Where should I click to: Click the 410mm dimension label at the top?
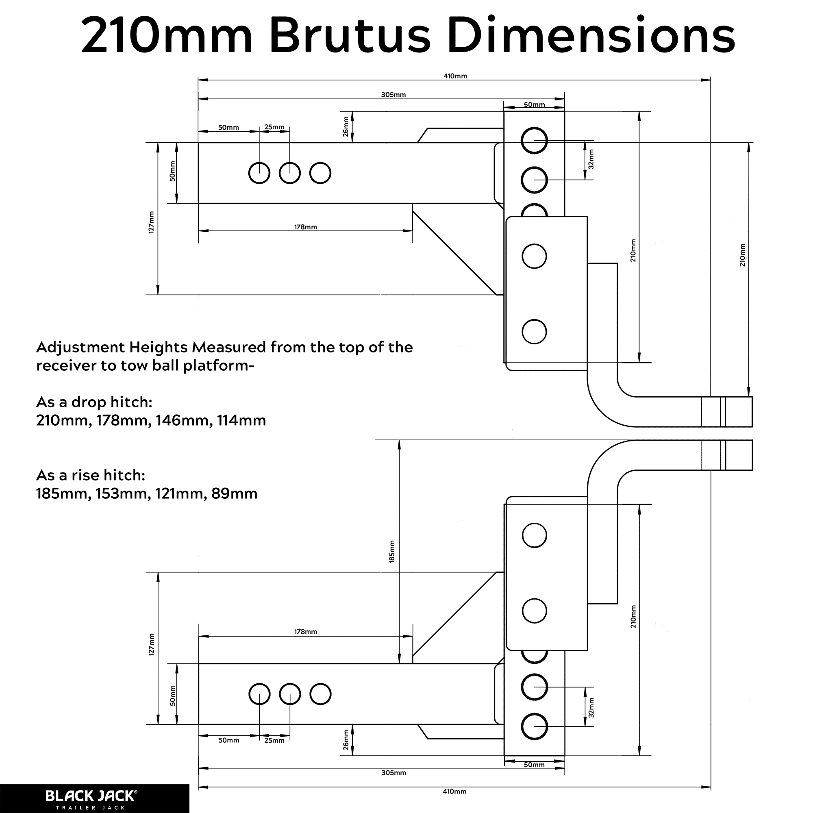(455, 76)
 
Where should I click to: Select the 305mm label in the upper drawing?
(393, 95)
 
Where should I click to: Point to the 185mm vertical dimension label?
(392, 552)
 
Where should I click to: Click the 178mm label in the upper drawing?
(306, 227)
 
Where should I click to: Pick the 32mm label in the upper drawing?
(591, 159)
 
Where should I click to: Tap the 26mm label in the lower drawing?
(346, 740)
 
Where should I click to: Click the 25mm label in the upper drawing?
(274, 127)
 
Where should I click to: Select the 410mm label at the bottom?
(454, 791)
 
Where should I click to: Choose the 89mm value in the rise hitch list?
(235, 493)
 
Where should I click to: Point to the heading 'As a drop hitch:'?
(94, 402)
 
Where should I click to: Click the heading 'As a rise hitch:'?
(91, 475)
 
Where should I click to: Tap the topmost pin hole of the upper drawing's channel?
(534, 141)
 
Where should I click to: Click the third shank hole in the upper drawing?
(320, 173)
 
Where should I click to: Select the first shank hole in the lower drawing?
(259, 694)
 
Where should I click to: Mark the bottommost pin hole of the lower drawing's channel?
(534, 727)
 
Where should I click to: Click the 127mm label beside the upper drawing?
(152, 222)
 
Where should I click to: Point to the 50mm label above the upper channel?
(534, 105)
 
